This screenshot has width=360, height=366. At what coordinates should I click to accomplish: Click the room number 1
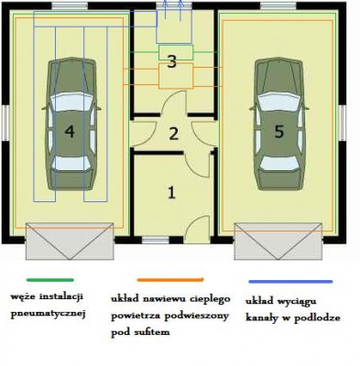click(171, 192)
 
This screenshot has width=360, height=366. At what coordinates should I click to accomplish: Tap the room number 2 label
click(174, 134)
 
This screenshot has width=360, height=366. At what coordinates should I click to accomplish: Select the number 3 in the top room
click(172, 61)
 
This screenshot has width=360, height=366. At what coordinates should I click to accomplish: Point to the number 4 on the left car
click(70, 132)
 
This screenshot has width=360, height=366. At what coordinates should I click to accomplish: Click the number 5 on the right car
click(278, 132)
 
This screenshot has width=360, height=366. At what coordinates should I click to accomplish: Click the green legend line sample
click(50, 280)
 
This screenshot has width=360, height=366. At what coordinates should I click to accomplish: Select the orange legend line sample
click(170, 280)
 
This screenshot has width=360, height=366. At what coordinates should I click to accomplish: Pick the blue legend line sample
click(290, 282)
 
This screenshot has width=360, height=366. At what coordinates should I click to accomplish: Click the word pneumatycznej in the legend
click(48, 314)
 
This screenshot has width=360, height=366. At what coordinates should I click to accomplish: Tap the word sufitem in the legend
click(152, 331)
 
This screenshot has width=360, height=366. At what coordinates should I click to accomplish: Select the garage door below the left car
click(70, 242)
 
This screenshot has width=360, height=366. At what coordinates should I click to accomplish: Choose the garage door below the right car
click(278, 242)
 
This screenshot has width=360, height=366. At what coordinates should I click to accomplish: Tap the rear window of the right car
click(279, 163)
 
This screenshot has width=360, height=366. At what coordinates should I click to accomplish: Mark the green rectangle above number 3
click(176, 52)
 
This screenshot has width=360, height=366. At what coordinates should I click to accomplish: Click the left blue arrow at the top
click(165, 10)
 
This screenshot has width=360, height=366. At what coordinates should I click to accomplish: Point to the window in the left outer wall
click(5, 124)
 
